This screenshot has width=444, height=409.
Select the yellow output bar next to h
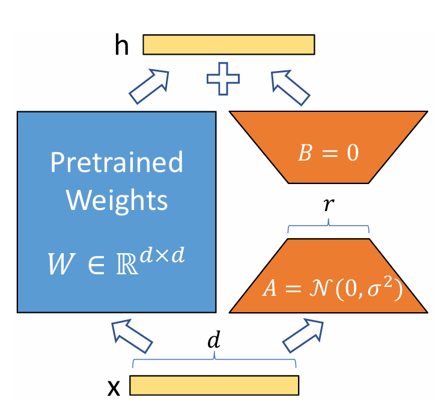[x=229, y=45]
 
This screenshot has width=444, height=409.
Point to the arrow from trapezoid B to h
[x=291, y=85]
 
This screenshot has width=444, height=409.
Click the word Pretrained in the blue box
[x=117, y=162]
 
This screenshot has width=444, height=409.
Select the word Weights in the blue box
[x=117, y=200]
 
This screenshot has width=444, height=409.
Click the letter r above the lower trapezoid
[x=329, y=203]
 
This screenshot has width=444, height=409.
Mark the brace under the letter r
[x=329, y=227]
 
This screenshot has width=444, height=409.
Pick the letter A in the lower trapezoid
[x=269, y=289]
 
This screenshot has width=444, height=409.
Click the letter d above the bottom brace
[x=214, y=341]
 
